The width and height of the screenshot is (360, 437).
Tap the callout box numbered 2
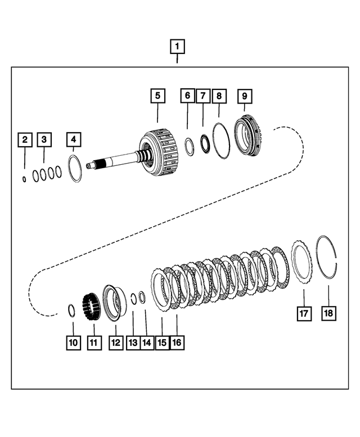(x=24, y=139)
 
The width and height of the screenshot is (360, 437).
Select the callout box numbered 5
(x=157, y=96)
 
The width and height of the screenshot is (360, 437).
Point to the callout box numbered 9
(x=245, y=96)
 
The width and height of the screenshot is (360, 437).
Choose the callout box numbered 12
(x=116, y=341)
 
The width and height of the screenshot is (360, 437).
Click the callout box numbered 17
(x=304, y=313)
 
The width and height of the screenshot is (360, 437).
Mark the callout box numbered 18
(x=328, y=313)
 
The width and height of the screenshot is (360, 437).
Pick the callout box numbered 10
(x=73, y=341)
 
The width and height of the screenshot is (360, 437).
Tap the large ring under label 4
(x=75, y=169)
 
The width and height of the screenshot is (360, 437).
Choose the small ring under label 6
(x=190, y=147)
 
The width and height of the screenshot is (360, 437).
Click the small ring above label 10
(x=72, y=309)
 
